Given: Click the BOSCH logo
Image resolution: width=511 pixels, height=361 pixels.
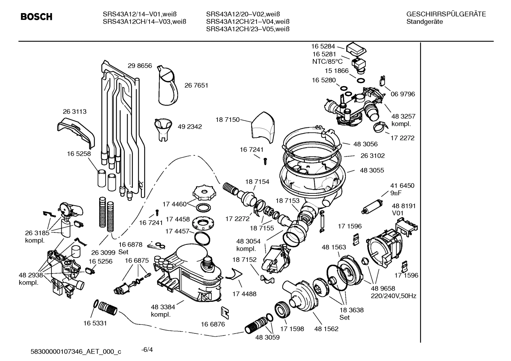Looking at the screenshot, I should (x=36, y=17).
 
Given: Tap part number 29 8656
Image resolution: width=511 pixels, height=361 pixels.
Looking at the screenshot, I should (x=140, y=66).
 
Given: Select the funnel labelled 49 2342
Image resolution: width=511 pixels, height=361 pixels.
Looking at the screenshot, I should (x=163, y=127).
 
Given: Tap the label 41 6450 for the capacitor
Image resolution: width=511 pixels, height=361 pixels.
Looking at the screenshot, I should (x=402, y=186).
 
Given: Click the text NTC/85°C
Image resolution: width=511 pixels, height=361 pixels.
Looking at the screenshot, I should (x=327, y=61).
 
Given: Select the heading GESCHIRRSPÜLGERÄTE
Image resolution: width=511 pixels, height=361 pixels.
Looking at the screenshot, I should (x=446, y=14).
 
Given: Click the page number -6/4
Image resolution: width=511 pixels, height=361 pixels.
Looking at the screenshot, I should (x=147, y=350).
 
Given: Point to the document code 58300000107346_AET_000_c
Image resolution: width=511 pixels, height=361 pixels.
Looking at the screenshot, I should (x=76, y=351).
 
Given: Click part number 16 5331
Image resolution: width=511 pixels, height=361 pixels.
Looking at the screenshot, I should (x=95, y=323).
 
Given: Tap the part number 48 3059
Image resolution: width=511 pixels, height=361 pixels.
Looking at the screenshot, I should (x=267, y=337).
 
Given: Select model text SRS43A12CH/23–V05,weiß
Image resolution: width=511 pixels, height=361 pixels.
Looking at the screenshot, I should (x=248, y=29).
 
